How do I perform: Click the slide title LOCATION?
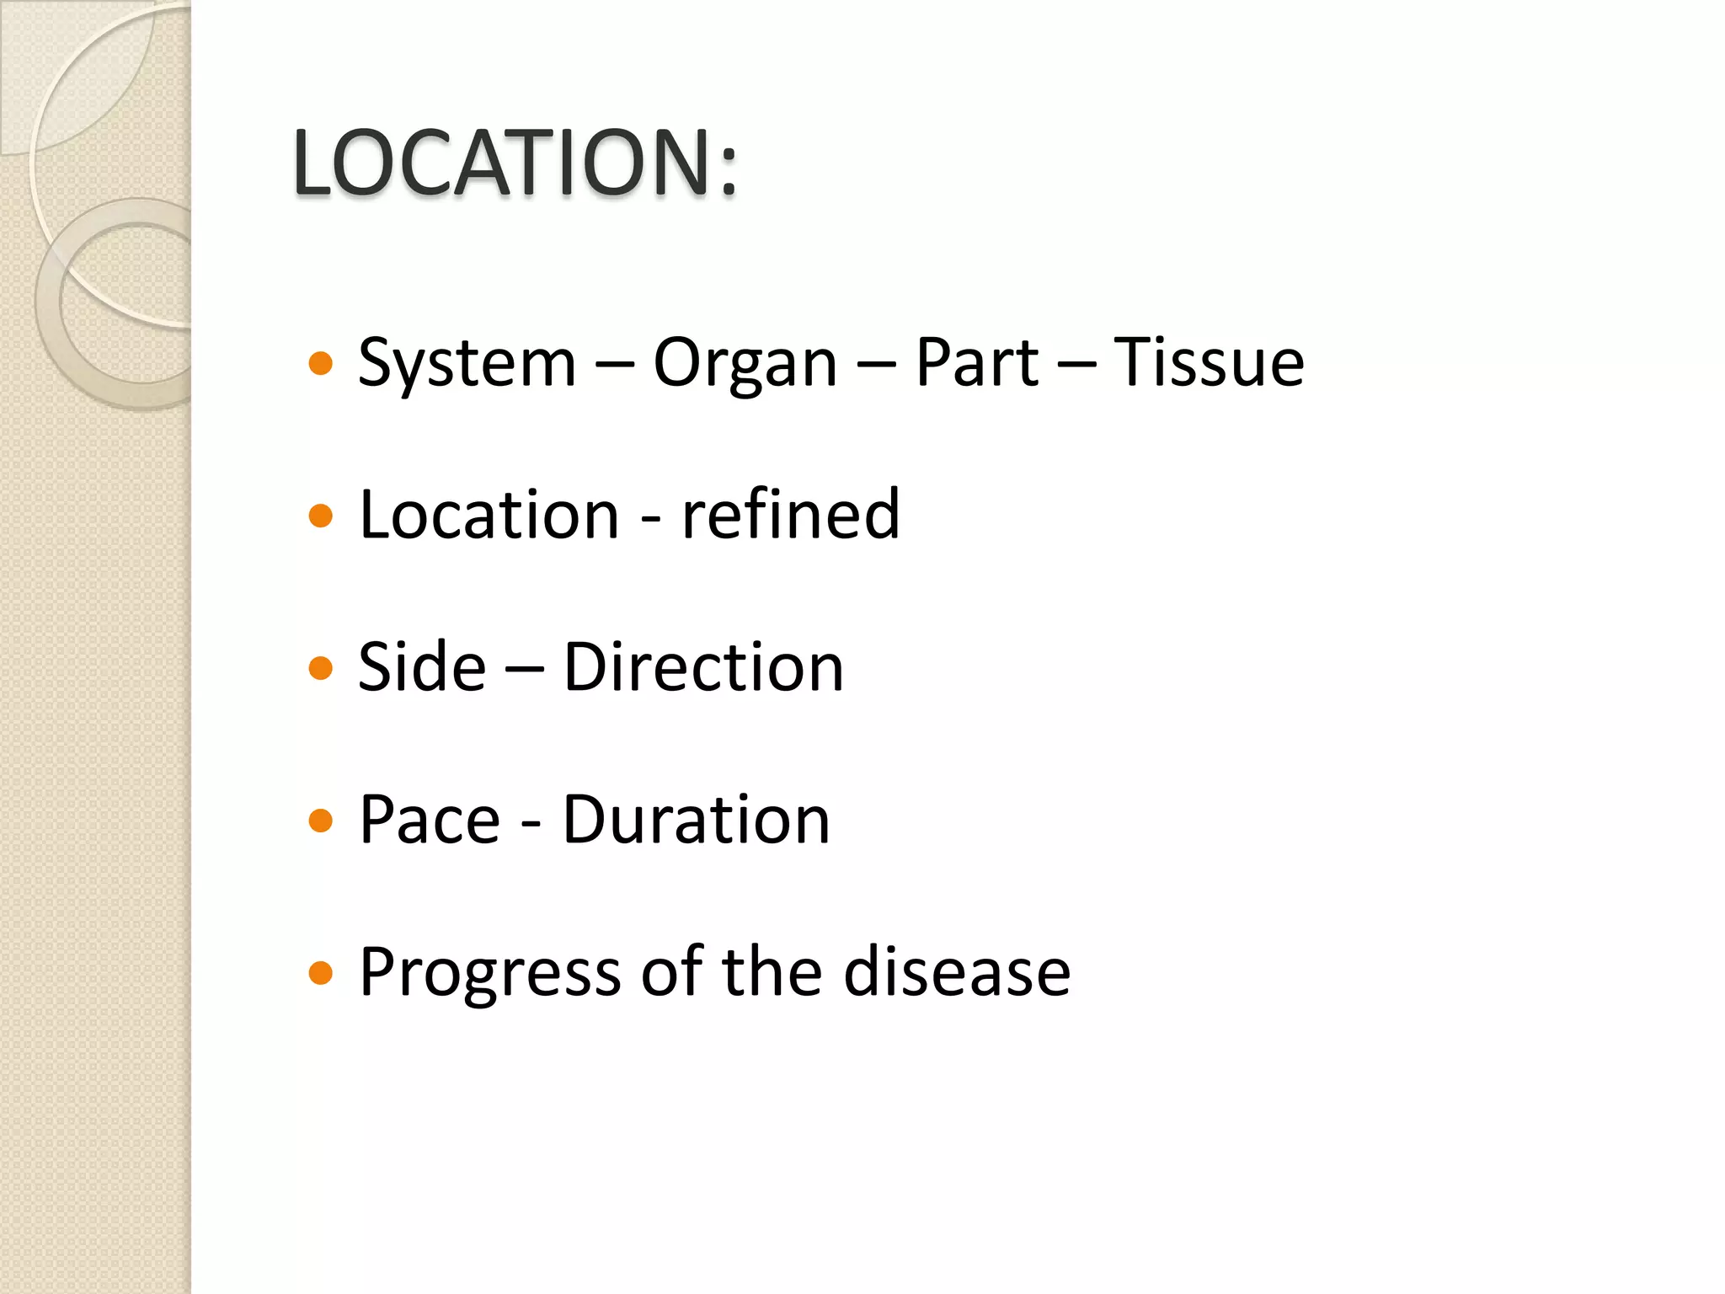point(515,163)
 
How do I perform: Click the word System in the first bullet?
point(467,364)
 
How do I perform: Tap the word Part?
point(977,363)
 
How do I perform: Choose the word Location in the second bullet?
point(489,515)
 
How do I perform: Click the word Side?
point(422,667)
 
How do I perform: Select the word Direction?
point(703,667)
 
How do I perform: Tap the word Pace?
point(430,820)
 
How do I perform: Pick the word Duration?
point(696,820)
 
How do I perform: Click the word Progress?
point(489,974)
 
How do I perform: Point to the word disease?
point(957,972)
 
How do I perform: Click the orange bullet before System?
point(321,364)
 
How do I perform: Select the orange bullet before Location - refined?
point(321,516)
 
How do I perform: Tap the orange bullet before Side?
point(321,669)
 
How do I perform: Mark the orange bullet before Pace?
point(321,821)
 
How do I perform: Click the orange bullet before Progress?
point(321,974)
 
